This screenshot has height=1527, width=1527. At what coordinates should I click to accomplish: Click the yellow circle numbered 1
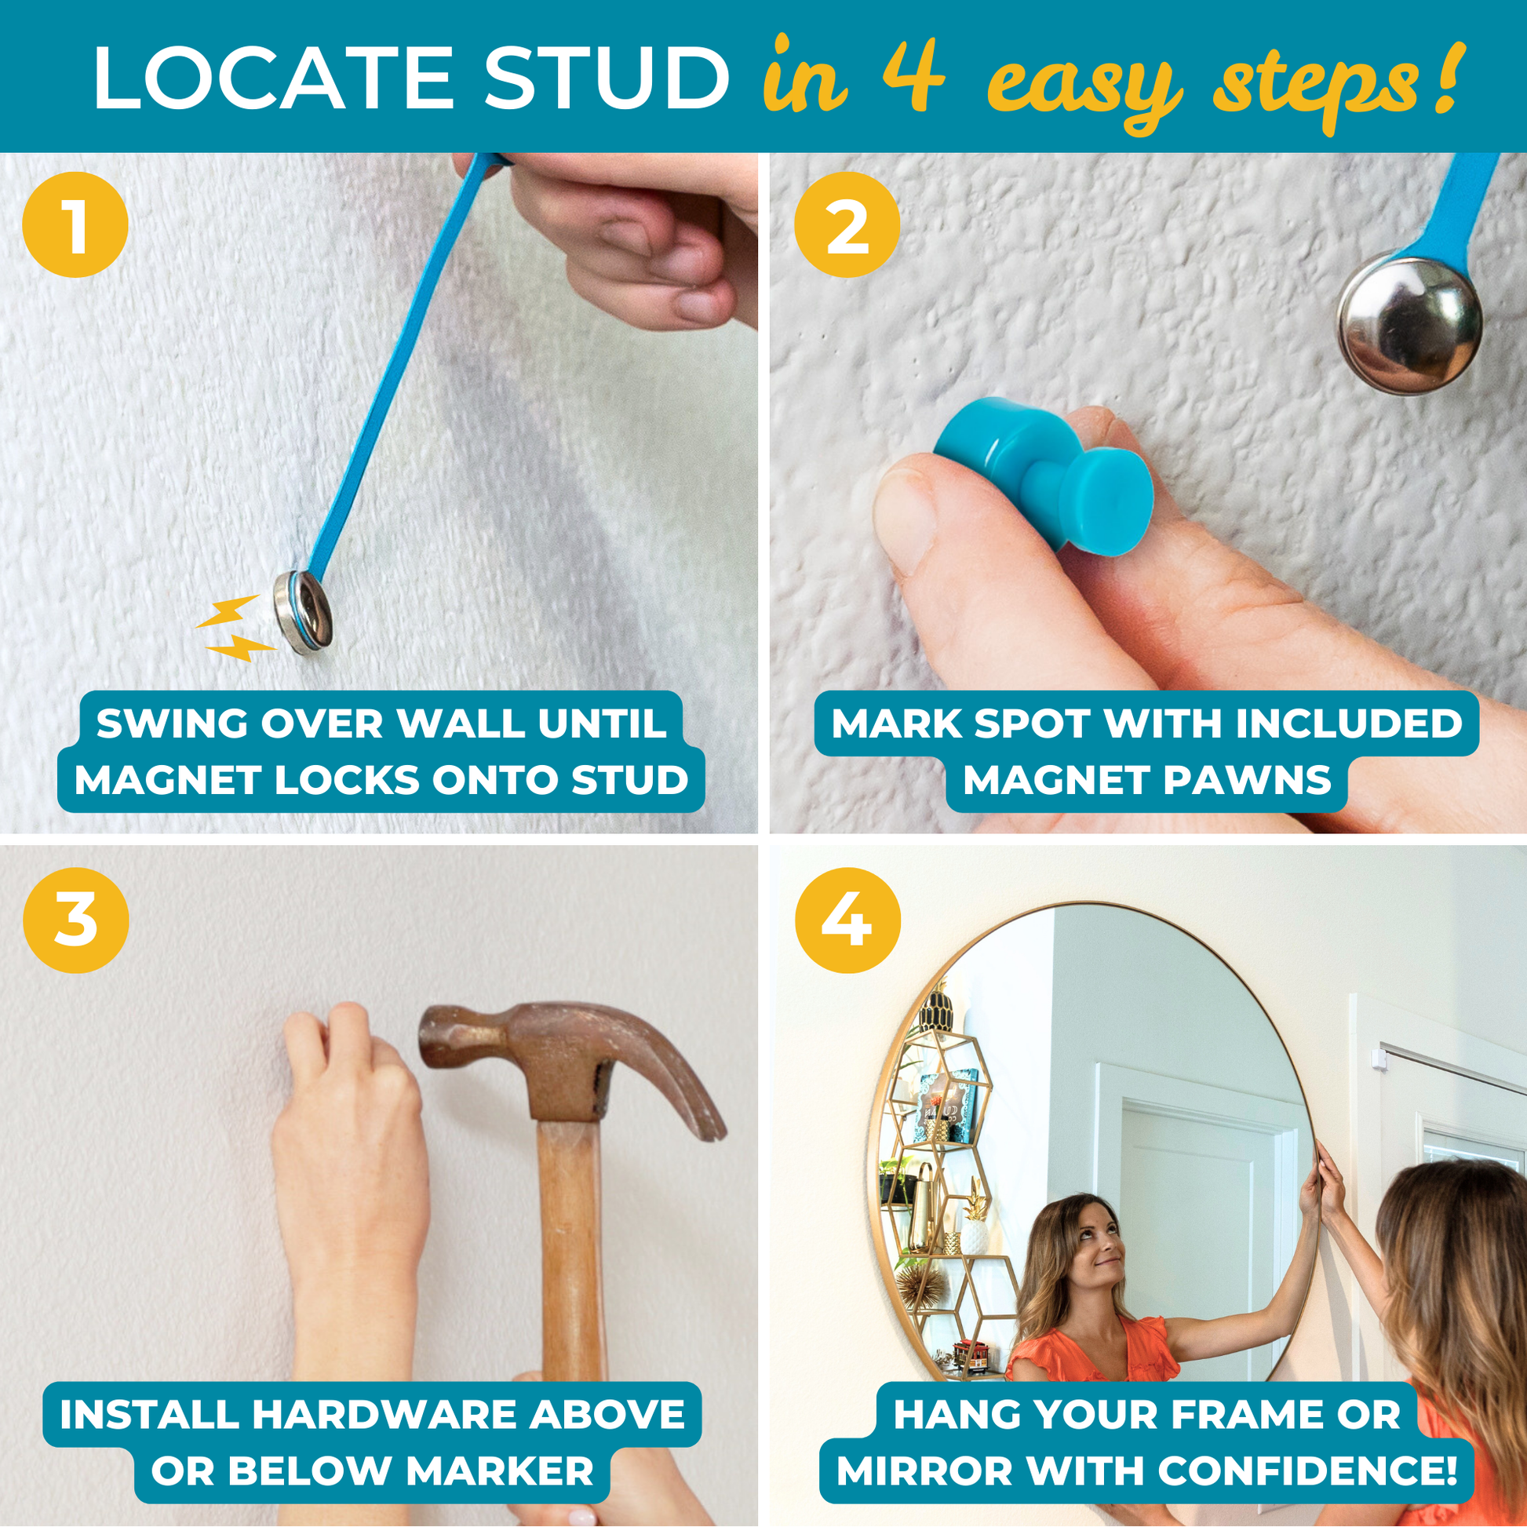[x=75, y=224]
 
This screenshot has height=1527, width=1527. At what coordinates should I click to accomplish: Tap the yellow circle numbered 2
[x=847, y=224]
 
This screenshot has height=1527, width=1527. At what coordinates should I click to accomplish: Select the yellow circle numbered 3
[x=75, y=920]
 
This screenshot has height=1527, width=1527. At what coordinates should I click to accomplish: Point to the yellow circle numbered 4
[x=847, y=920]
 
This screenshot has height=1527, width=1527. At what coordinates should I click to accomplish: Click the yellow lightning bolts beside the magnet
[x=235, y=629]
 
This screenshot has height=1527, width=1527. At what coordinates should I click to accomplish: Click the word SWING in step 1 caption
[x=173, y=723]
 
